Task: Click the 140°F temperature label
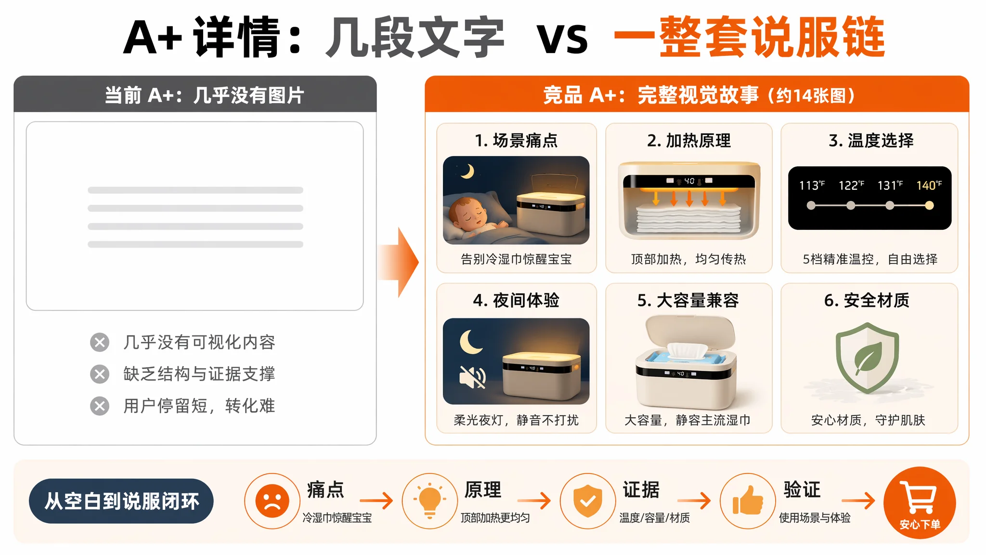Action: (x=929, y=185)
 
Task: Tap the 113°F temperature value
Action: (x=812, y=185)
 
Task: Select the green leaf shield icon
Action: (x=867, y=357)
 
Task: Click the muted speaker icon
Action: (x=472, y=377)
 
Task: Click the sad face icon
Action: (x=272, y=501)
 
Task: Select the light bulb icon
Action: (x=429, y=501)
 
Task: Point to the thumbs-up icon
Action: (x=748, y=501)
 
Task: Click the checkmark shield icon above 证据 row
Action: (x=587, y=501)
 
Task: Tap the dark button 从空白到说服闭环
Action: (x=121, y=501)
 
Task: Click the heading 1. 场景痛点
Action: (x=516, y=141)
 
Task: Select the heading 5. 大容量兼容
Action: (x=688, y=301)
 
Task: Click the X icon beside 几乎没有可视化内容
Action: (x=100, y=343)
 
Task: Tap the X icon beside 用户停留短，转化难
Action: (x=100, y=406)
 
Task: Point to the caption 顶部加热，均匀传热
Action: (x=688, y=259)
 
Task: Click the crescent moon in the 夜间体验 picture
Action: (x=470, y=342)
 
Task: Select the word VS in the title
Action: (x=562, y=39)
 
